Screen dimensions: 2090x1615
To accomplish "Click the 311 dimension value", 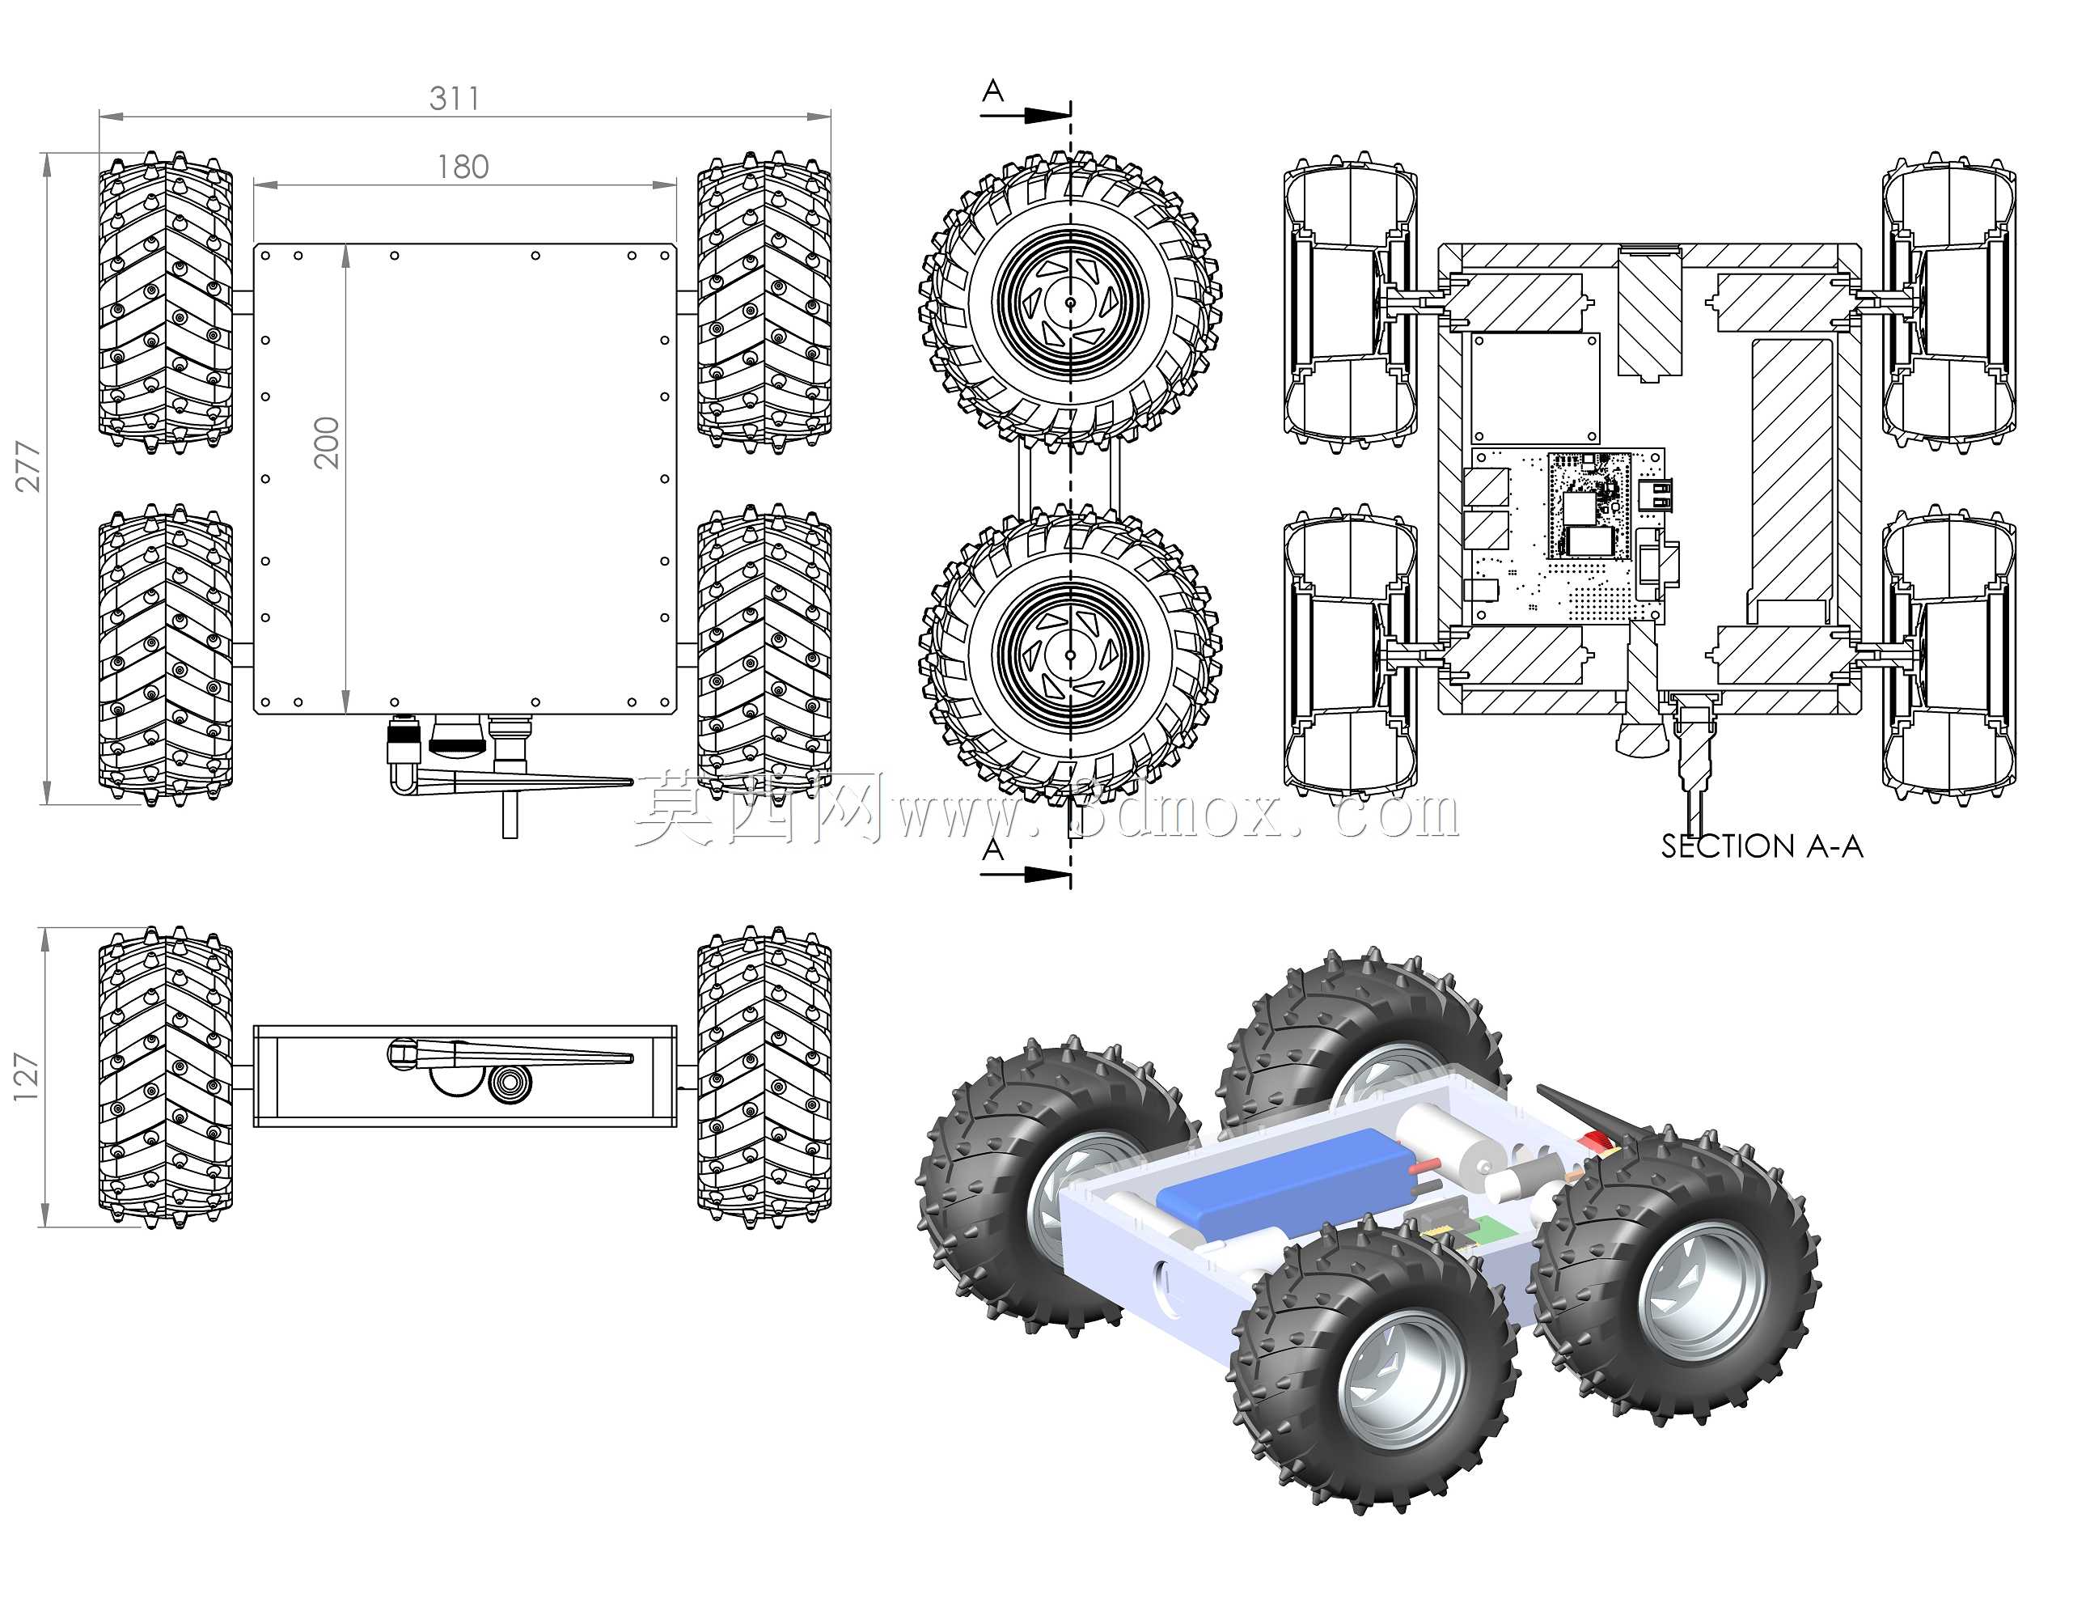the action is (455, 98).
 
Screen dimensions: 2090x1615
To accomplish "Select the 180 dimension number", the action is (463, 167).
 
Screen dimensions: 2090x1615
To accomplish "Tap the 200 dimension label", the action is (326, 443).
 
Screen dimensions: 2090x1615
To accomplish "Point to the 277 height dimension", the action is (27, 466).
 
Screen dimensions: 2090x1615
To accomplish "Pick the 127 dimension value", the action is (26, 1077).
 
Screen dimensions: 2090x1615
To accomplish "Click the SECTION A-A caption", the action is (1762, 846).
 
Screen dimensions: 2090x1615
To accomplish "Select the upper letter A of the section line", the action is (993, 91).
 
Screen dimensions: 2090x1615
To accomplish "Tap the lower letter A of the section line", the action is (993, 849).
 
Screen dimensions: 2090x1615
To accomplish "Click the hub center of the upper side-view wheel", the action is (1070, 303).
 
